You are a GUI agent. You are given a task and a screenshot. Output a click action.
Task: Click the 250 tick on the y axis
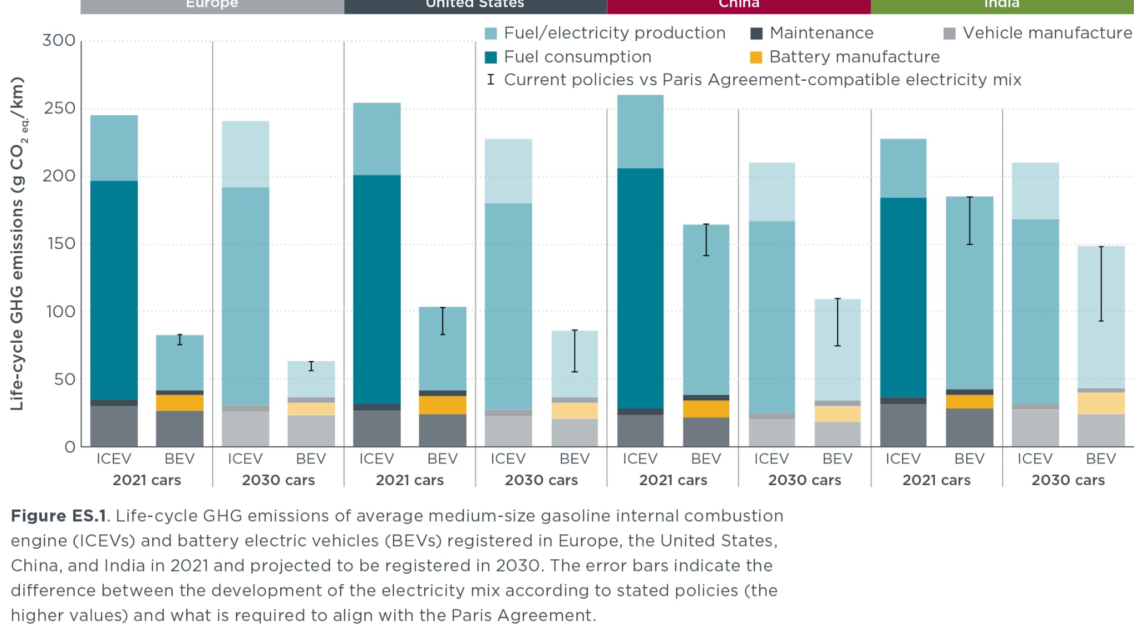[60, 108]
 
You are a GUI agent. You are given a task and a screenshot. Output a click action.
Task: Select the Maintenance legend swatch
[756, 34]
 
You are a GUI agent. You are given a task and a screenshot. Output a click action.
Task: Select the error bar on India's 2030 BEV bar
[1101, 284]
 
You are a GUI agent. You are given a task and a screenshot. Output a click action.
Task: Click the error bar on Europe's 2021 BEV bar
[179, 339]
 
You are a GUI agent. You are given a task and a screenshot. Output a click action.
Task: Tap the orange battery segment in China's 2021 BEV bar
[706, 409]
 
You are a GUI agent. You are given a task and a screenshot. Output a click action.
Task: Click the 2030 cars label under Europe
[278, 480]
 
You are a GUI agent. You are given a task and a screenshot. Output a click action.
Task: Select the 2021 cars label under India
[936, 480]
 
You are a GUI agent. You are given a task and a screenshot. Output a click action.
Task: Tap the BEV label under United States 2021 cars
[442, 459]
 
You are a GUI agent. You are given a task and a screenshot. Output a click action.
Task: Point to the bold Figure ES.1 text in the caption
[58, 516]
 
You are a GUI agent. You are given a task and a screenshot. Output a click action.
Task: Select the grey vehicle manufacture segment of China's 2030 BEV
[837, 434]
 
